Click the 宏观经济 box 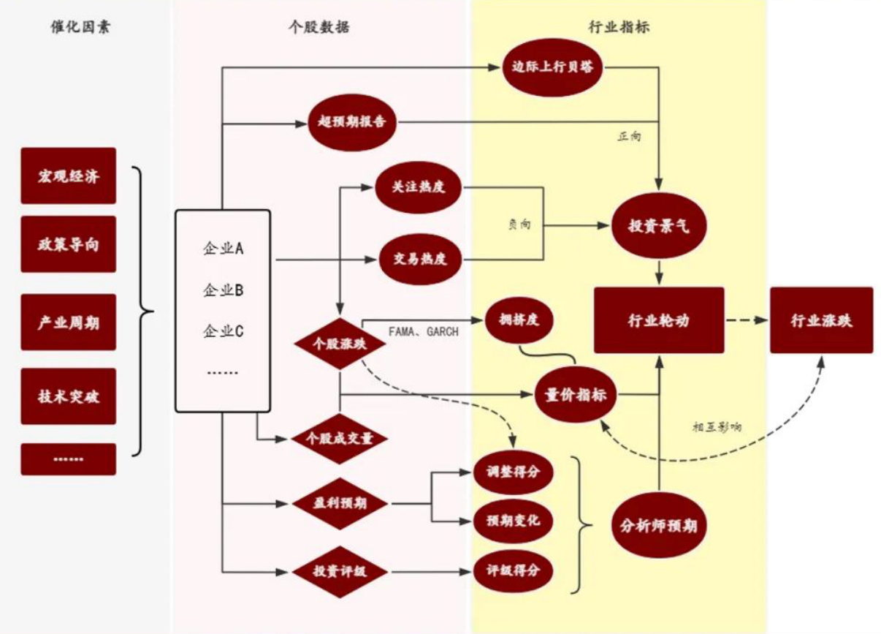69,176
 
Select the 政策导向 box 69,244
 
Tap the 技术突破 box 69,396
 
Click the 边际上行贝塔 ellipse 552,67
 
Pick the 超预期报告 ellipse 352,122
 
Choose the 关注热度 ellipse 418,187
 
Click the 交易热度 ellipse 420,259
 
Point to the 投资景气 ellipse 659,226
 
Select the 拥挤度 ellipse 519,320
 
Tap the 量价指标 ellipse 576,394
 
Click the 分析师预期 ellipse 659,525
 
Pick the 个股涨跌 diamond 340,344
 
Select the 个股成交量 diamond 340,438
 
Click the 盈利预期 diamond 340,503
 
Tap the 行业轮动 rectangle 659,320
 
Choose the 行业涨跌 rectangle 821,320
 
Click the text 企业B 223,290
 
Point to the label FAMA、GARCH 423,331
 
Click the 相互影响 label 717,426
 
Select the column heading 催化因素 80,27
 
